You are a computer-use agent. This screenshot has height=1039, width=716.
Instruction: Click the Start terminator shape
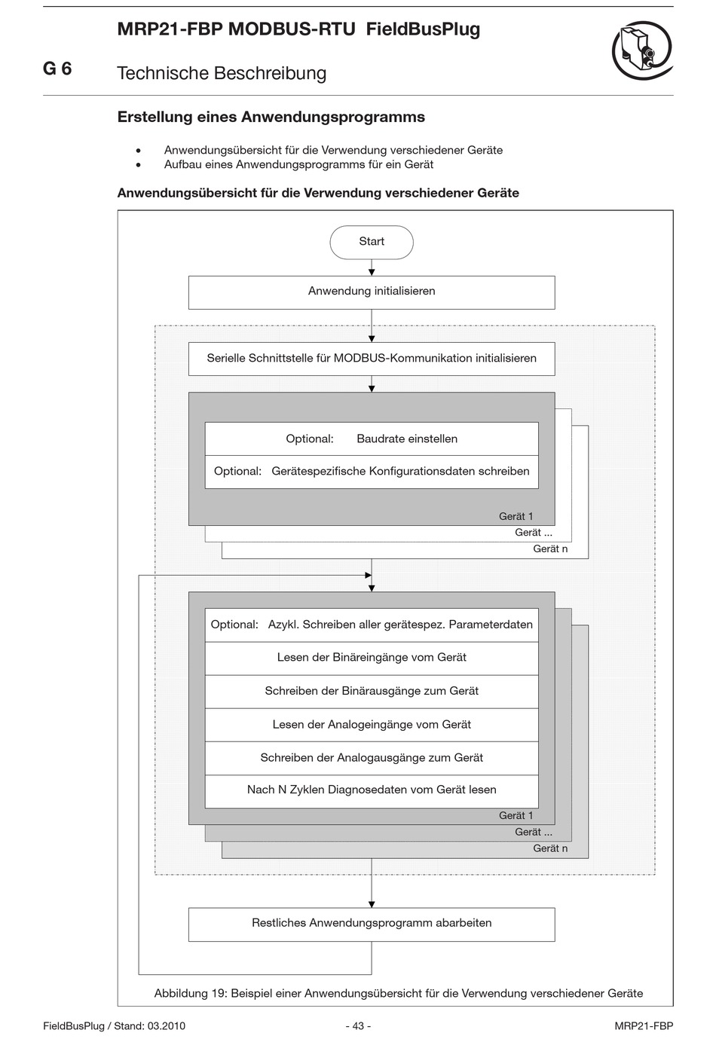point(372,242)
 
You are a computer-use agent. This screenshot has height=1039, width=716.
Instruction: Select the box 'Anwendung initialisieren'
point(372,292)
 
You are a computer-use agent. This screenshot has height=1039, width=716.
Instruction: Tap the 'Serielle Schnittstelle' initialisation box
point(372,359)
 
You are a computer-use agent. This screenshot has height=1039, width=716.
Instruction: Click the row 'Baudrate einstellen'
point(372,439)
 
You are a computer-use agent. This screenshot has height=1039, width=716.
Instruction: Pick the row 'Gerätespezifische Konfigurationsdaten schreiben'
point(372,472)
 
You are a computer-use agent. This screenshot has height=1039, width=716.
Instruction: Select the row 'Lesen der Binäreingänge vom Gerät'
point(372,659)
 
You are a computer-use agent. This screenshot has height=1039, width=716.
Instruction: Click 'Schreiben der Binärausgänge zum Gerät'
point(372,692)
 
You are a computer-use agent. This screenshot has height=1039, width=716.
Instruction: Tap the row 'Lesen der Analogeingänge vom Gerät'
point(372,725)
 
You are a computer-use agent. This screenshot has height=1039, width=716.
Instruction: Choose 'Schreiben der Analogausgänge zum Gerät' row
point(372,759)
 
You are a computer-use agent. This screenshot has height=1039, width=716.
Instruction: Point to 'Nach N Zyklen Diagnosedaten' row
point(372,791)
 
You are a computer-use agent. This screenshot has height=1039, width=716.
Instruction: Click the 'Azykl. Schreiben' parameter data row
point(372,625)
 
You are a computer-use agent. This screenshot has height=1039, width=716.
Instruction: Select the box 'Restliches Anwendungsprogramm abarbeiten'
point(372,924)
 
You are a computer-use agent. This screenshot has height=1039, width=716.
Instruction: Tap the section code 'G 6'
point(57,69)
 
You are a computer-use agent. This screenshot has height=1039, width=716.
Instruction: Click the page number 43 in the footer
point(358,1025)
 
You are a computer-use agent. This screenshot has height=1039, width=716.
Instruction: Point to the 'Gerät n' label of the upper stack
point(550,549)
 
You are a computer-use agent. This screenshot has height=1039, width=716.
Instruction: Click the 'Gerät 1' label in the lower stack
point(516,815)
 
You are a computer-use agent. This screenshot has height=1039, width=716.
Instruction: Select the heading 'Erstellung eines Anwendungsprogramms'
point(271,117)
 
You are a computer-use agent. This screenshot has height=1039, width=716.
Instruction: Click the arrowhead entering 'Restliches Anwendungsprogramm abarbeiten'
point(372,904)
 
